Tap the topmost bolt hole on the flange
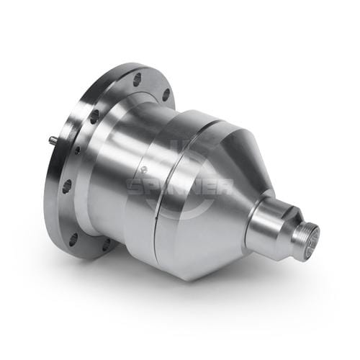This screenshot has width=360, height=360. [138, 78]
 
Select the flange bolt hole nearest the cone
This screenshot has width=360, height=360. [166, 95]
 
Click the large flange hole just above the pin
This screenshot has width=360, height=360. [94, 117]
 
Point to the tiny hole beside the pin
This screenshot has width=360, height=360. [77, 150]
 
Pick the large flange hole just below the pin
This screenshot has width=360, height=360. [67, 186]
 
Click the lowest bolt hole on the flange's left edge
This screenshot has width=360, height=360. [73, 240]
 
